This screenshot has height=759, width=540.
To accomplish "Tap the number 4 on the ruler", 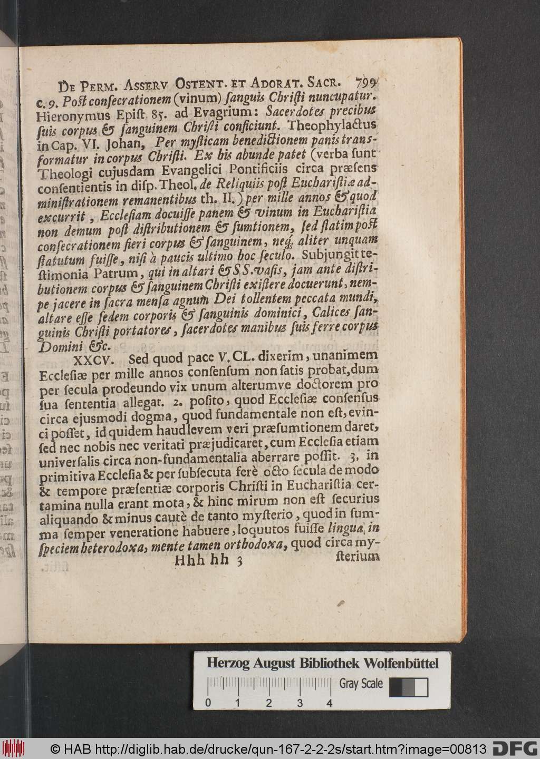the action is coord(330,703).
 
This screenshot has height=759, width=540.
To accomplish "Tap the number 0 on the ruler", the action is coord(208,703).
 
